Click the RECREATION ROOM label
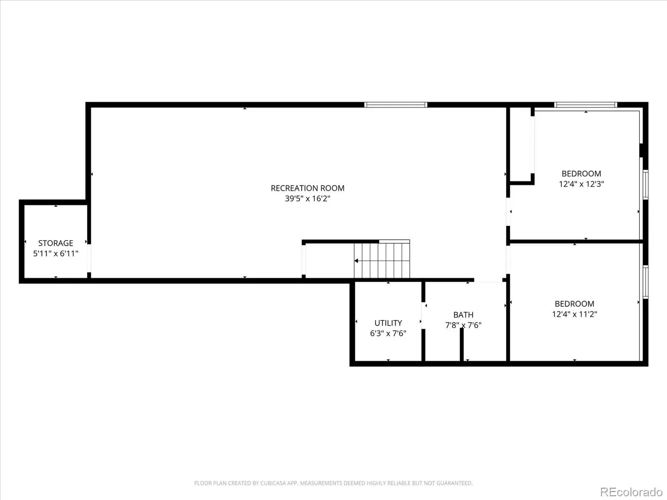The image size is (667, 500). pos(308,188)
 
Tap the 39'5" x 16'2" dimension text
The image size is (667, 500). pos(308,199)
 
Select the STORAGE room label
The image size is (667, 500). pos(55,243)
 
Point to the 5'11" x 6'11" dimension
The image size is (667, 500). pos(55,253)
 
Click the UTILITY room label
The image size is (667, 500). pos(388,323)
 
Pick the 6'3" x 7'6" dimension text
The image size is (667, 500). pos(388,333)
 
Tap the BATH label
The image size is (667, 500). pos(464,315)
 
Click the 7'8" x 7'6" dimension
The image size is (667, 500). pos(464,325)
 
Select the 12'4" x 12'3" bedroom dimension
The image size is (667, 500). pos(581,184)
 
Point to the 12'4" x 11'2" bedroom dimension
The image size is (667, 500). pos(574,314)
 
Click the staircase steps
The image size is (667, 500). pos(382,260)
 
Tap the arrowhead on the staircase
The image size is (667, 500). pos(356,261)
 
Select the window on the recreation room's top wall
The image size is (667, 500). pos(396,105)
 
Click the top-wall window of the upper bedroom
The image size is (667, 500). pos(586,105)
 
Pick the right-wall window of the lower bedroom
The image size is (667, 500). pos(645,282)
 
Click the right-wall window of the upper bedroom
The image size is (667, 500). pos(645,185)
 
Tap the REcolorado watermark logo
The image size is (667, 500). pos(632,492)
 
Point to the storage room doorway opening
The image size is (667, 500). pos(89,258)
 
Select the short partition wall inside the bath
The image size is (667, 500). pos(461,345)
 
